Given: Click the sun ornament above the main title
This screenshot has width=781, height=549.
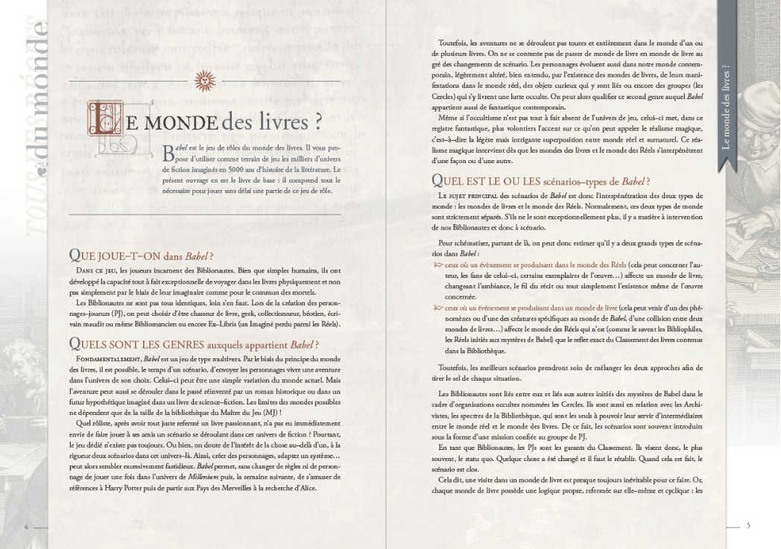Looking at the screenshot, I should pyautogui.click(x=204, y=79).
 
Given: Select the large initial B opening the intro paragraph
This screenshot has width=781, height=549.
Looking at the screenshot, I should pyautogui.click(x=168, y=153).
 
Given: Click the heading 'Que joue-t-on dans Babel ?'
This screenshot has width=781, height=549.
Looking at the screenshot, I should pyautogui.click(x=141, y=255).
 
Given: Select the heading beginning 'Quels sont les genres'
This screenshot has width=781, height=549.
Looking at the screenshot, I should pyautogui.click(x=193, y=343).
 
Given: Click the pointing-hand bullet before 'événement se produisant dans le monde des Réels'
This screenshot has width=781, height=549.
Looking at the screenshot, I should pyautogui.click(x=437, y=264).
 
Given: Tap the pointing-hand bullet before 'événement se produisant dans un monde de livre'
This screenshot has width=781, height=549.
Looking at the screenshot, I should pyautogui.click(x=437, y=307).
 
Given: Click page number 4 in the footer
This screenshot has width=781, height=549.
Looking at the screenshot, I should pyautogui.click(x=26, y=526).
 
